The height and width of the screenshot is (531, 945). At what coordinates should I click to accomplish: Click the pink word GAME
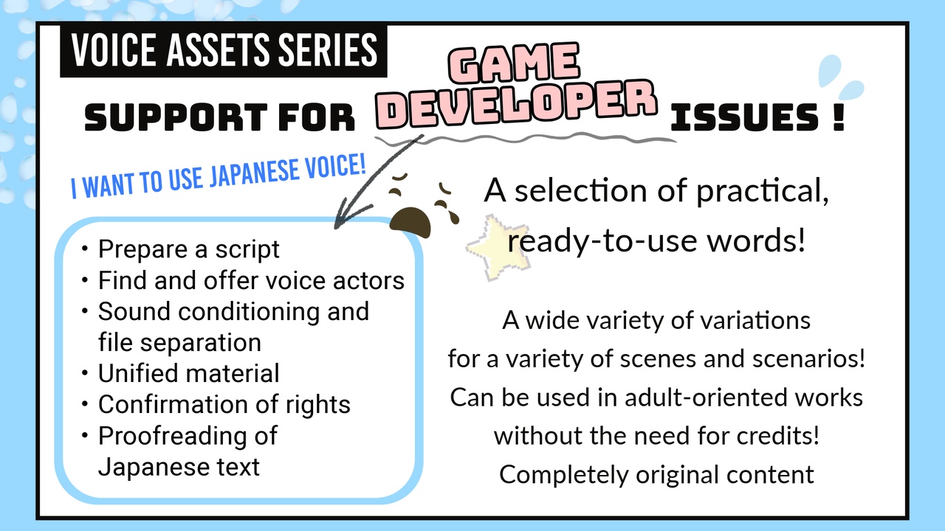513,63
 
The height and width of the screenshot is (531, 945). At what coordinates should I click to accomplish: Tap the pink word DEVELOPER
516,105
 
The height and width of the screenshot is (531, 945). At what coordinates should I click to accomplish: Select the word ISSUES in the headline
745,117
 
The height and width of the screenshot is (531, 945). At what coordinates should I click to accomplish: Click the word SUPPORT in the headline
176,117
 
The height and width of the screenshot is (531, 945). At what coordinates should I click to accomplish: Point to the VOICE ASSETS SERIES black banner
224,51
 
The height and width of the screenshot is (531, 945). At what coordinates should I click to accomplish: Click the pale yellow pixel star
498,248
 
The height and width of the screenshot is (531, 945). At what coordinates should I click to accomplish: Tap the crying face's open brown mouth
410,222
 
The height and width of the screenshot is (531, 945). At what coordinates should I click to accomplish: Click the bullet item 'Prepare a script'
188,249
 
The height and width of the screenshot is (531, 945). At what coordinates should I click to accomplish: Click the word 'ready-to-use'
602,241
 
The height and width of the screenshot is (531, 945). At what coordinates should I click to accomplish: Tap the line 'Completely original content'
656,475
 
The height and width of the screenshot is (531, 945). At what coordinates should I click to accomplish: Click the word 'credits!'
777,435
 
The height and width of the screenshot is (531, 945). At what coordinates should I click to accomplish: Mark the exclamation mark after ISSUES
839,117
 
